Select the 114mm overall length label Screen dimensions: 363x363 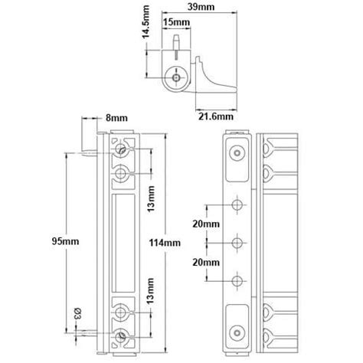tap(166, 242)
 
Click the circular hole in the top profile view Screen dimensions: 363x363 tap(177, 78)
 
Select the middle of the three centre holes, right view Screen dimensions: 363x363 tap(237, 244)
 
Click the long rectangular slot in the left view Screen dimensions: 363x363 tap(121, 244)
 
